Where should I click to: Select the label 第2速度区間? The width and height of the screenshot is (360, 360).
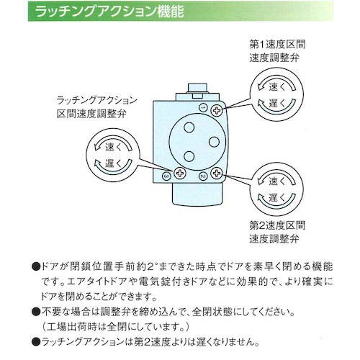(273, 224)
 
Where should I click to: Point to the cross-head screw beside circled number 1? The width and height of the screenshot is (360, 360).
(217, 108)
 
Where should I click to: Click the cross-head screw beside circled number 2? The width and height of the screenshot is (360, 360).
(216, 175)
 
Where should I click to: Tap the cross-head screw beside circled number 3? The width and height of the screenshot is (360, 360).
(179, 175)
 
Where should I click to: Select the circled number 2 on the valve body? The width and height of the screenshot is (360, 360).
(203, 175)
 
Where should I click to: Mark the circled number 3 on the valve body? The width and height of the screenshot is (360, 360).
(166, 175)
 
